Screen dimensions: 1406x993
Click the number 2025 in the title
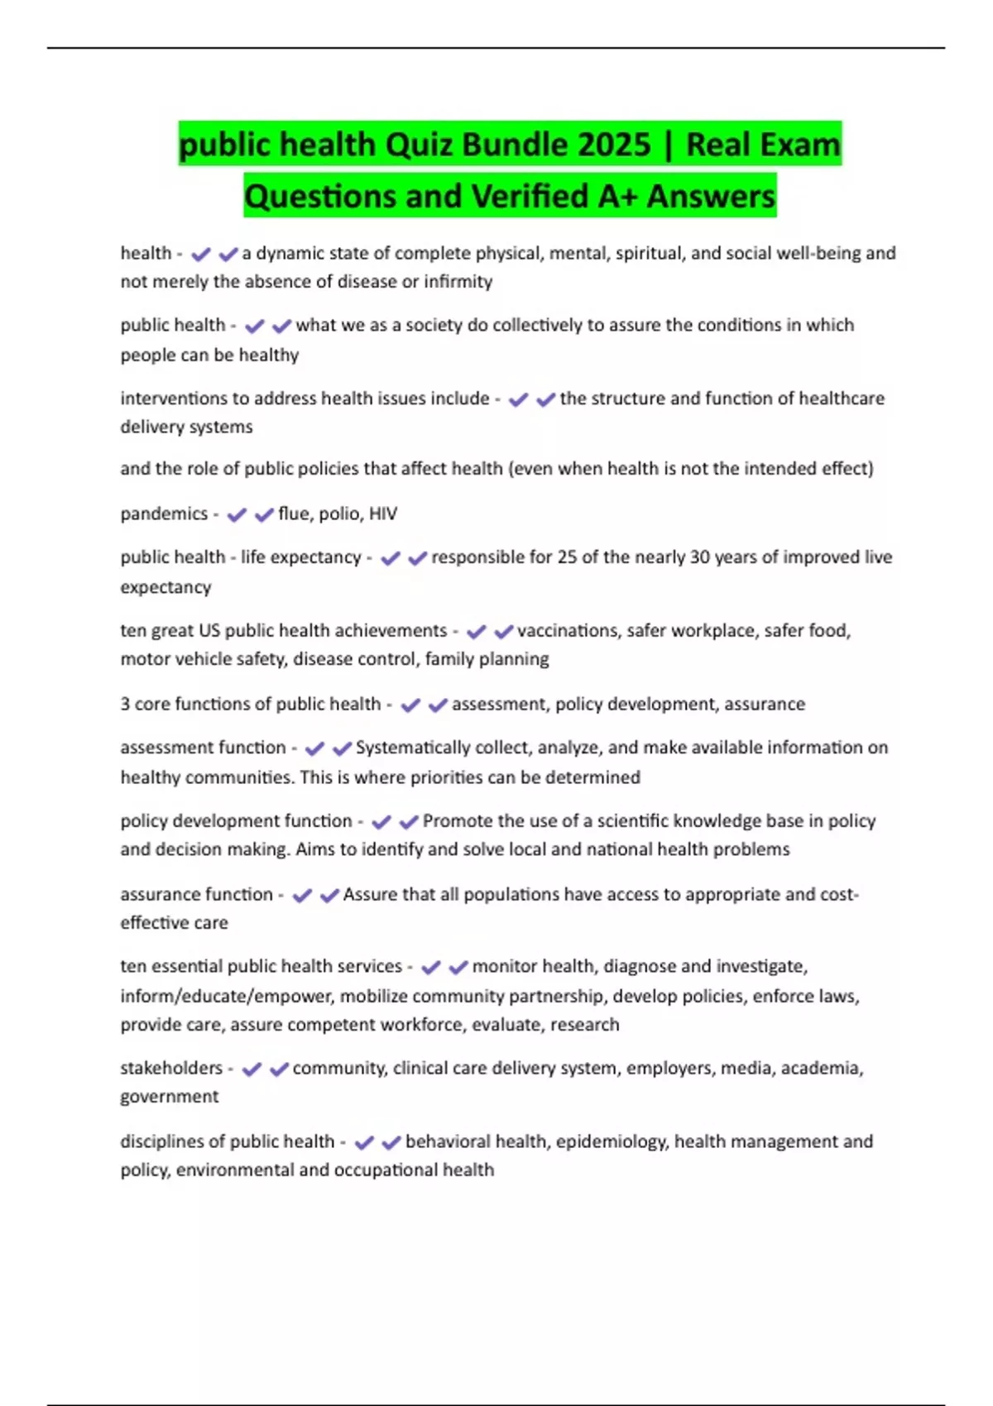pyautogui.click(x=614, y=145)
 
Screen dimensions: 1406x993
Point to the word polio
pyautogui.click(x=339, y=514)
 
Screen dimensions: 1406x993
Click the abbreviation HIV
pyautogui.click(x=383, y=514)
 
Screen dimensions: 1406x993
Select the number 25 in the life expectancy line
pyautogui.click(x=567, y=557)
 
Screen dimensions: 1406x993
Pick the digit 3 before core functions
pyautogui.click(x=125, y=704)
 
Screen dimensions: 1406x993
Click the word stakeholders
pyautogui.click(x=171, y=1068)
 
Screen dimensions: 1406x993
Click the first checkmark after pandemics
pyautogui.click(x=237, y=514)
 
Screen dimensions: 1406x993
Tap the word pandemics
pyautogui.click(x=164, y=514)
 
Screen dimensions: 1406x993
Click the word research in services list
pyautogui.click(x=585, y=1025)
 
